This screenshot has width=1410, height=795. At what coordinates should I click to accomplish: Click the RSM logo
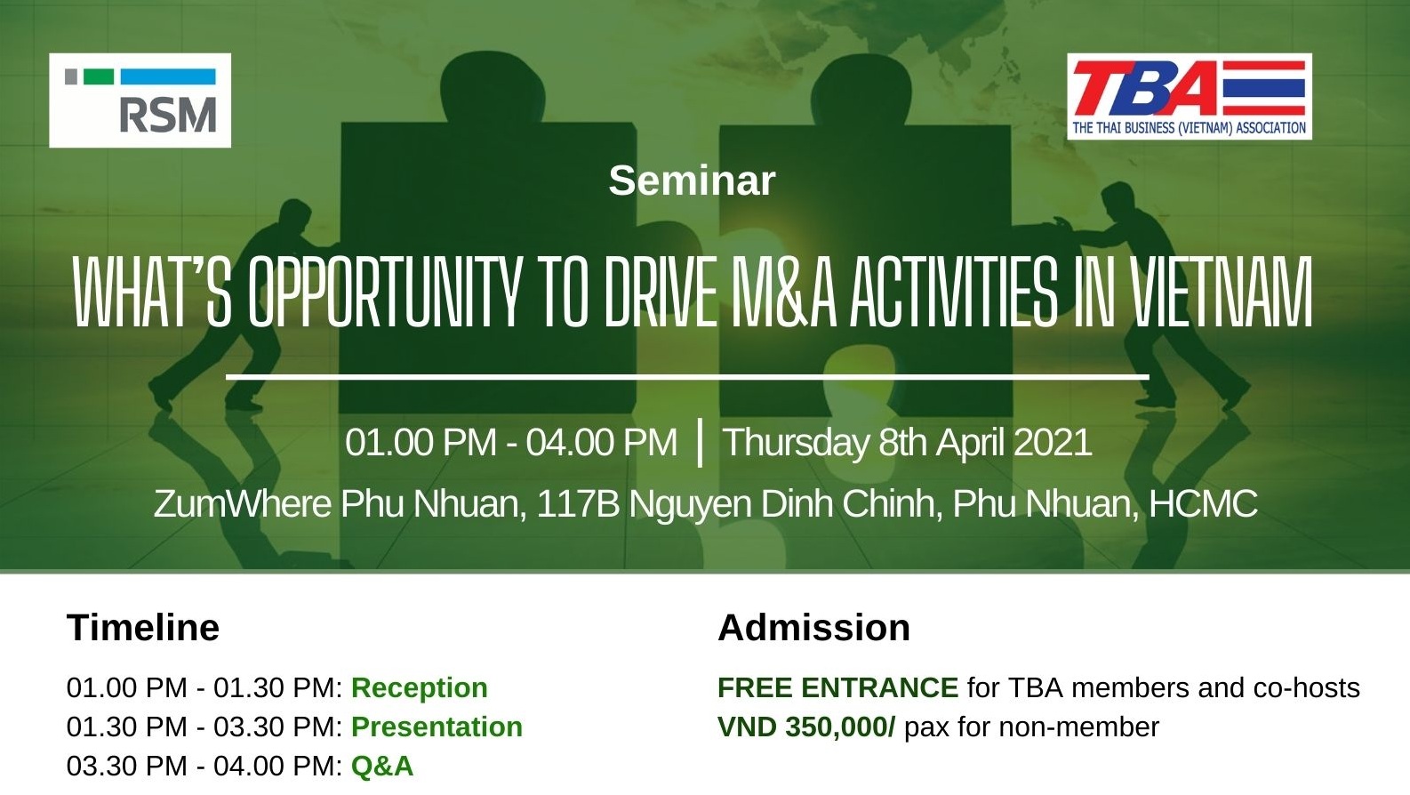[x=140, y=100]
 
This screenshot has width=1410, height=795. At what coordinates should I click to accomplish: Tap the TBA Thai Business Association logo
[x=1189, y=96]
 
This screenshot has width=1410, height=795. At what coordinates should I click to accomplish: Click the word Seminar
[x=692, y=181]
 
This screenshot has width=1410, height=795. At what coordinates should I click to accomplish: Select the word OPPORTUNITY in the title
[x=385, y=292]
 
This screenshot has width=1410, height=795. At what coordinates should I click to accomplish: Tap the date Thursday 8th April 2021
[x=907, y=442]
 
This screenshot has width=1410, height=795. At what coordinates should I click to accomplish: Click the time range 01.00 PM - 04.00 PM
[x=510, y=442]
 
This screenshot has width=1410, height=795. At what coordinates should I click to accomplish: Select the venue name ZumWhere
[x=243, y=503]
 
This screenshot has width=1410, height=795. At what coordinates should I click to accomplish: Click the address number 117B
[x=578, y=503]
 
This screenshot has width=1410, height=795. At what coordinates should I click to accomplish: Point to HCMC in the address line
[x=1203, y=503]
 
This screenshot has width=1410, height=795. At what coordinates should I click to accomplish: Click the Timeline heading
[x=143, y=627]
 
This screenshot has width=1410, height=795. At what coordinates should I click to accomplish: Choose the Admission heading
[x=813, y=627]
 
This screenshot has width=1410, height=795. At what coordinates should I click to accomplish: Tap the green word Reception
[x=420, y=687]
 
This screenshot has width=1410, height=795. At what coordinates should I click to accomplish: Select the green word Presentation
[x=437, y=727]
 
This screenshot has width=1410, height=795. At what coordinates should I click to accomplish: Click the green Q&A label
[x=382, y=766]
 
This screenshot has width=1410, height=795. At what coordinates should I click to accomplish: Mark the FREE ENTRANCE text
[x=837, y=687]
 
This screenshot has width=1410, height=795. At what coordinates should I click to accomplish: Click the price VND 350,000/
[x=806, y=727]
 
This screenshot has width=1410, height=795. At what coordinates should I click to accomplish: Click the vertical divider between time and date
[x=700, y=443]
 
